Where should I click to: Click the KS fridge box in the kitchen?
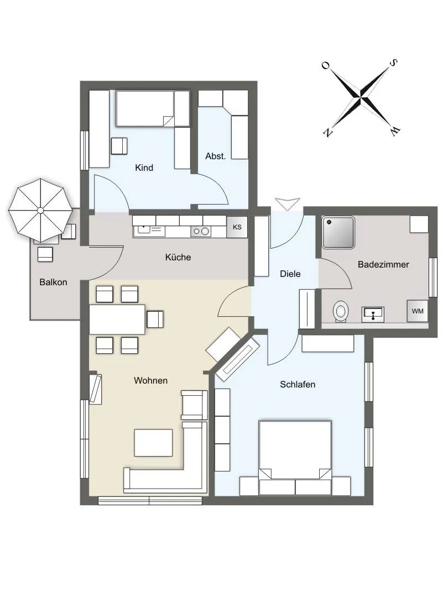[x=237, y=227]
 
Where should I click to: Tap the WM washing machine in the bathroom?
[x=417, y=311]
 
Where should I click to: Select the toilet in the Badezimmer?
[x=341, y=312]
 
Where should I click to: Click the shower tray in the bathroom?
[x=338, y=232]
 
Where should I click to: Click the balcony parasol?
[x=40, y=211]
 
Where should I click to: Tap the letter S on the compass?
[x=394, y=62]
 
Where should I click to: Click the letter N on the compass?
[x=327, y=133]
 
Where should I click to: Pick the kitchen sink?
[x=149, y=231]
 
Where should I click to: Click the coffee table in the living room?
[x=153, y=443]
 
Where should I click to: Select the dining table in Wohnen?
[x=117, y=320]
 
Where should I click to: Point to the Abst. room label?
[x=216, y=156]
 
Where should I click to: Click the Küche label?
[x=178, y=257]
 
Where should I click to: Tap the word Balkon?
[x=53, y=282]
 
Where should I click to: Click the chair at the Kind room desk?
[x=119, y=146]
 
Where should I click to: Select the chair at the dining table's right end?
[x=155, y=319]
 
